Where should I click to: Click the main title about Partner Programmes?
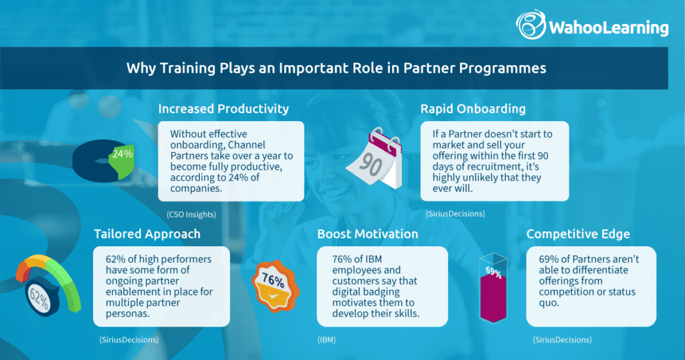click(336, 68)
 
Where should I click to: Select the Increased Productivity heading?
click(223, 108)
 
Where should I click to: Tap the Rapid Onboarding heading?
click(473, 108)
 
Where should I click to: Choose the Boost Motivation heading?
click(367, 234)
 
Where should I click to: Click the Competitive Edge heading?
click(579, 234)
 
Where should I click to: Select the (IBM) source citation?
click(327, 340)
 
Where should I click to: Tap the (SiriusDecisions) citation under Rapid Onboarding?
click(456, 213)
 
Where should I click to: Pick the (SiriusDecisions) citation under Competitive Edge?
click(562, 340)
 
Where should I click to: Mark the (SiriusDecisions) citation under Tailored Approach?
click(128, 340)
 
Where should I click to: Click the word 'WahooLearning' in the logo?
click(608, 27)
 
